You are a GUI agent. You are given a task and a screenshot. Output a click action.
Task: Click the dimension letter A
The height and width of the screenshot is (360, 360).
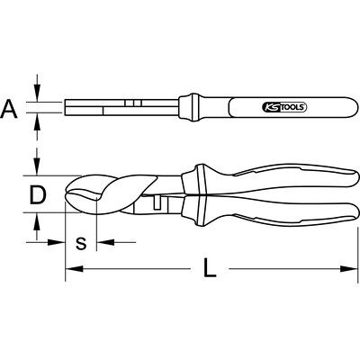[9, 109]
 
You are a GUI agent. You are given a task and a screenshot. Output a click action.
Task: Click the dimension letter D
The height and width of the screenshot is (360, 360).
[38, 195]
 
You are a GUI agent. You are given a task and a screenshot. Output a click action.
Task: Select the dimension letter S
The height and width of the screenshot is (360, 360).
[81, 243]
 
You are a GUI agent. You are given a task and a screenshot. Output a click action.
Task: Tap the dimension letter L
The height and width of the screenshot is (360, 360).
[210, 268]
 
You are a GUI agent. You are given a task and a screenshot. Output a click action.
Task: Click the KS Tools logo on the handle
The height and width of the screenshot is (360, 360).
[284, 107]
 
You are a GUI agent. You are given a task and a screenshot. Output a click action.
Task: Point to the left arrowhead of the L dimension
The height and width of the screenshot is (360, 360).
[74, 269]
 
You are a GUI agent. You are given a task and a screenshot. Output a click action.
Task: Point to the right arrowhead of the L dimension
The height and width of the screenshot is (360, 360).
[349, 269]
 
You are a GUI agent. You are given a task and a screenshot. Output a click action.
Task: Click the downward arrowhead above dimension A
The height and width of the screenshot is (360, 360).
[37, 93]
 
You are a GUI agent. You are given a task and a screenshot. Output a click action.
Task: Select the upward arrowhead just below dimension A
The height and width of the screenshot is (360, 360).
[37, 121]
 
